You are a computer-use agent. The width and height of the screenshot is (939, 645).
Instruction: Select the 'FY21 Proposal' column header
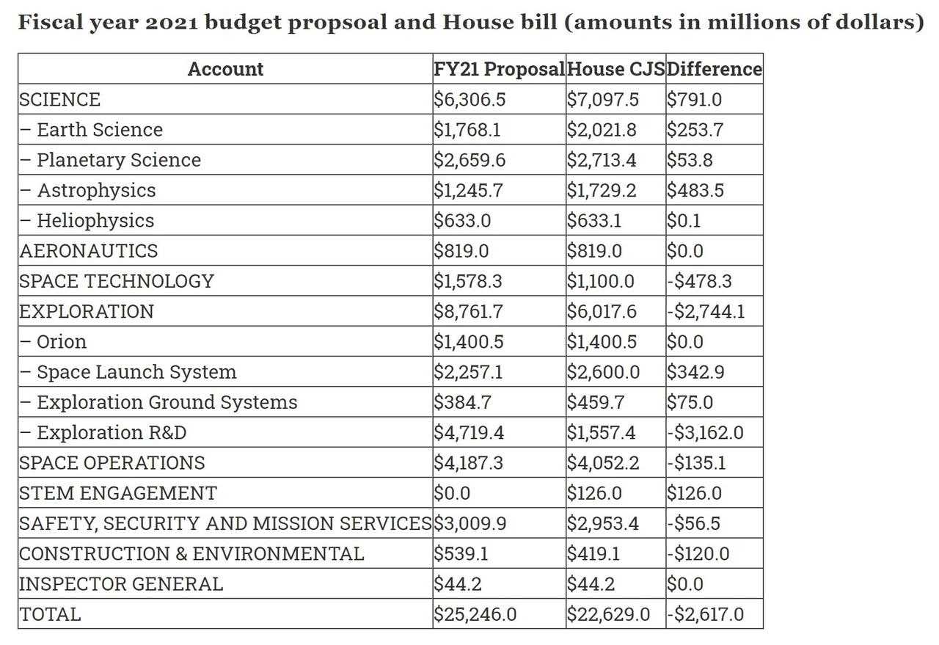pos(500,69)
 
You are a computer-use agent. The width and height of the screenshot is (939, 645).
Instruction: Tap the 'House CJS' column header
pos(615,69)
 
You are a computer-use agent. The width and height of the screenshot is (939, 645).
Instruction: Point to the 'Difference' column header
pos(715,69)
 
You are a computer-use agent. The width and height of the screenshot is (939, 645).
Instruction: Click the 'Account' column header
pos(225,69)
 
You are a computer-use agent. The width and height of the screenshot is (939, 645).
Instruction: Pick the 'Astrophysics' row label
pos(96,190)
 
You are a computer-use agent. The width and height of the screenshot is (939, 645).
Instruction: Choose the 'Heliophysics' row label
pos(95,221)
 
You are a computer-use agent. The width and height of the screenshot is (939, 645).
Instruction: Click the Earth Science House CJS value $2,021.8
pos(602,130)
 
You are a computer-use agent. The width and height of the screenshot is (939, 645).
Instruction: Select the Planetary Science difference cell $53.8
pos(690,160)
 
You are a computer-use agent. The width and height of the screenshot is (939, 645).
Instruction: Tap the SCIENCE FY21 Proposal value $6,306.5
pos(469,100)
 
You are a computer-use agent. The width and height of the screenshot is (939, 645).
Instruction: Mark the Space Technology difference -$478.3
pos(699,281)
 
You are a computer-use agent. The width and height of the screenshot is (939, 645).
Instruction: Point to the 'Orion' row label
pos(62,342)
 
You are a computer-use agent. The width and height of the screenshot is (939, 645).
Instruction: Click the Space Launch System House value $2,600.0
pos(603,372)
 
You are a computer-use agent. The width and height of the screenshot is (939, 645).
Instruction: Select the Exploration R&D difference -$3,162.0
pos(705,433)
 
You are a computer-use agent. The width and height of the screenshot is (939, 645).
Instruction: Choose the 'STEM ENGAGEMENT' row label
pos(118,493)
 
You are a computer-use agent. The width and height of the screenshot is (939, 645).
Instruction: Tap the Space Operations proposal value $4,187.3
pos(468,463)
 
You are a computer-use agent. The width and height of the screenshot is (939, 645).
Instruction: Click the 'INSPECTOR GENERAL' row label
pos(121,584)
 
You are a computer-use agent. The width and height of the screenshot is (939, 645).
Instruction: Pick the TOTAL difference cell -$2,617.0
pos(705,614)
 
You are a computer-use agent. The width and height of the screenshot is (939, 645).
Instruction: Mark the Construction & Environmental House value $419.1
pos(593,554)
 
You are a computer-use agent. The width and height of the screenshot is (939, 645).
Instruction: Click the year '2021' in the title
pos(172,23)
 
